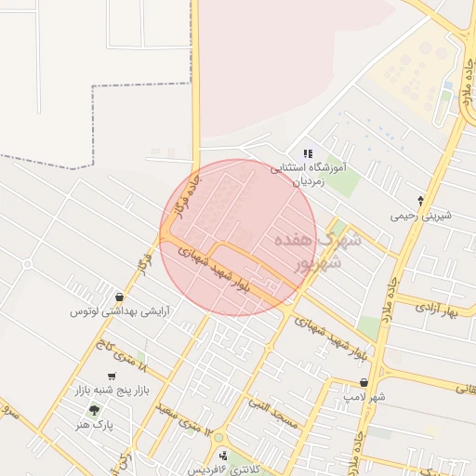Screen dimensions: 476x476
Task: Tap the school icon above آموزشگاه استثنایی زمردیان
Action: [x=309, y=154]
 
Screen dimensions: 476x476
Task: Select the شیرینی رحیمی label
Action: [x=420, y=216]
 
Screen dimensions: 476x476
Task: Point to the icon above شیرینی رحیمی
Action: [x=420, y=200]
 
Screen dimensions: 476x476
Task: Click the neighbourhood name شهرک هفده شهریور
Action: [x=307, y=252]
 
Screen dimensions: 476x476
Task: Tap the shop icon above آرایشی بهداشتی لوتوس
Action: [x=118, y=297]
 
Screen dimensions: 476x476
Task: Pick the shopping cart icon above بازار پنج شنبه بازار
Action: [x=112, y=377]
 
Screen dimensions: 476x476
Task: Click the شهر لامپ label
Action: [x=362, y=397]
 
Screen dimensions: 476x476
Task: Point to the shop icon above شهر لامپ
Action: [x=363, y=382]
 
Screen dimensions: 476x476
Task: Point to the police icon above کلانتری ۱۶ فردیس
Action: [x=222, y=456]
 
